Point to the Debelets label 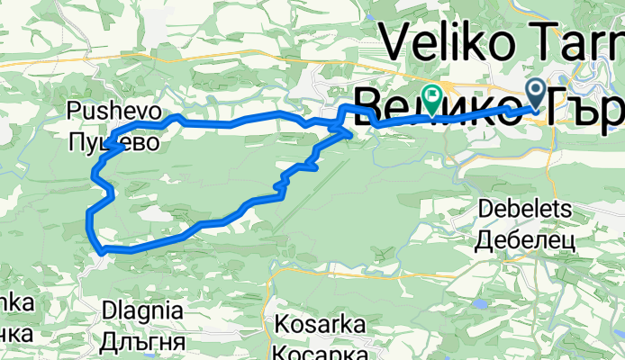click(525, 209)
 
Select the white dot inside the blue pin click(535, 88)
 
